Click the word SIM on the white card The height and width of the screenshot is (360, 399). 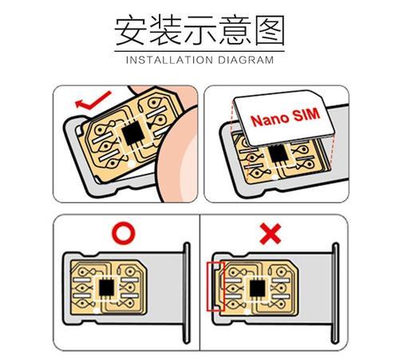306,114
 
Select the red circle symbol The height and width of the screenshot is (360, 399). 124,233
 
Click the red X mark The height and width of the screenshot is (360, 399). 271,234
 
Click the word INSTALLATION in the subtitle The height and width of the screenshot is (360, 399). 169,60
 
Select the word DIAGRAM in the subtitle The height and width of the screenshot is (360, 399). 246,60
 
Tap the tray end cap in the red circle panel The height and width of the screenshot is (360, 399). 187,293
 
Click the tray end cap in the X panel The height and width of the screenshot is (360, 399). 335,293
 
